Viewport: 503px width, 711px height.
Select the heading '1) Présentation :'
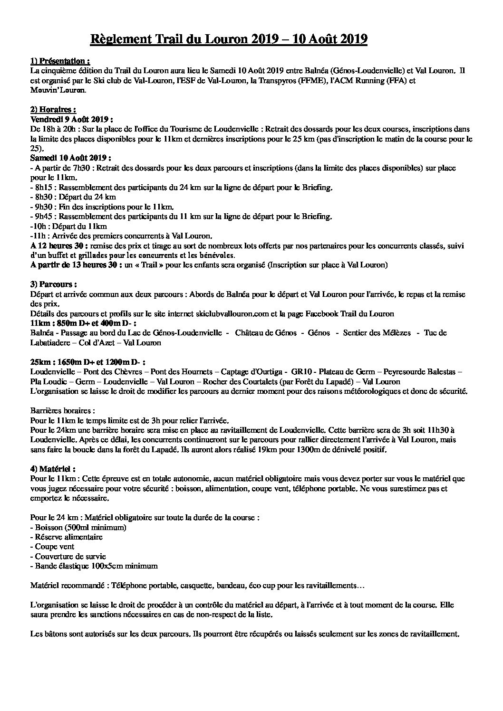pyautogui.click(x=59, y=61)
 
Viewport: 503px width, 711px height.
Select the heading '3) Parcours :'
pyautogui.click(x=53, y=284)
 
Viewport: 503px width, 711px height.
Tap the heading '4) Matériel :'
pyautogui.click(x=52, y=469)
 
